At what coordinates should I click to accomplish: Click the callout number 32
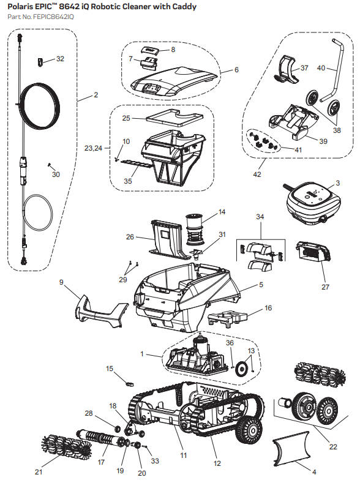[60, 59]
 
